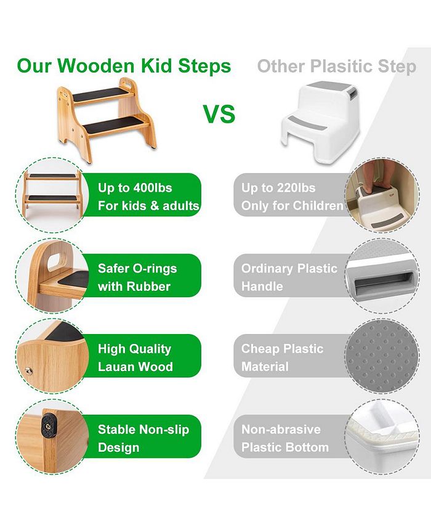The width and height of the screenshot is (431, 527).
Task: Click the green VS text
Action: [x=219, y=113]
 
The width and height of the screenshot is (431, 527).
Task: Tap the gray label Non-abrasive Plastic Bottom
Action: [x=284, y=438]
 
